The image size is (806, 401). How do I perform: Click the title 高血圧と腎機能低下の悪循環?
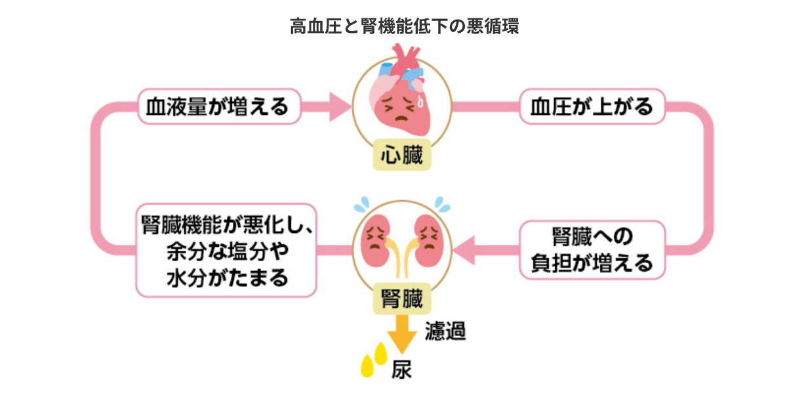tap(404, 26)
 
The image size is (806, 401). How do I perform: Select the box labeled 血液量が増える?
tap(218, 106)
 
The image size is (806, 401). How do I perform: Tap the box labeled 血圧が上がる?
tap(592, 106)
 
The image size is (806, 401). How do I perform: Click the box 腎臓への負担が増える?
tap(593, 250)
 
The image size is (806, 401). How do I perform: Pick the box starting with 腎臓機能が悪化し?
tap(227, 250)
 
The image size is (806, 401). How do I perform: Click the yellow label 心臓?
tap(402, 156)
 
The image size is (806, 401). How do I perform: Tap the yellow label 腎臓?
tap(402, 299)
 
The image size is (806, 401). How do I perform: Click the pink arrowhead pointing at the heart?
tap(339, 106)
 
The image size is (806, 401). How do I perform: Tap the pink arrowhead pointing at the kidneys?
tap(468, 250)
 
